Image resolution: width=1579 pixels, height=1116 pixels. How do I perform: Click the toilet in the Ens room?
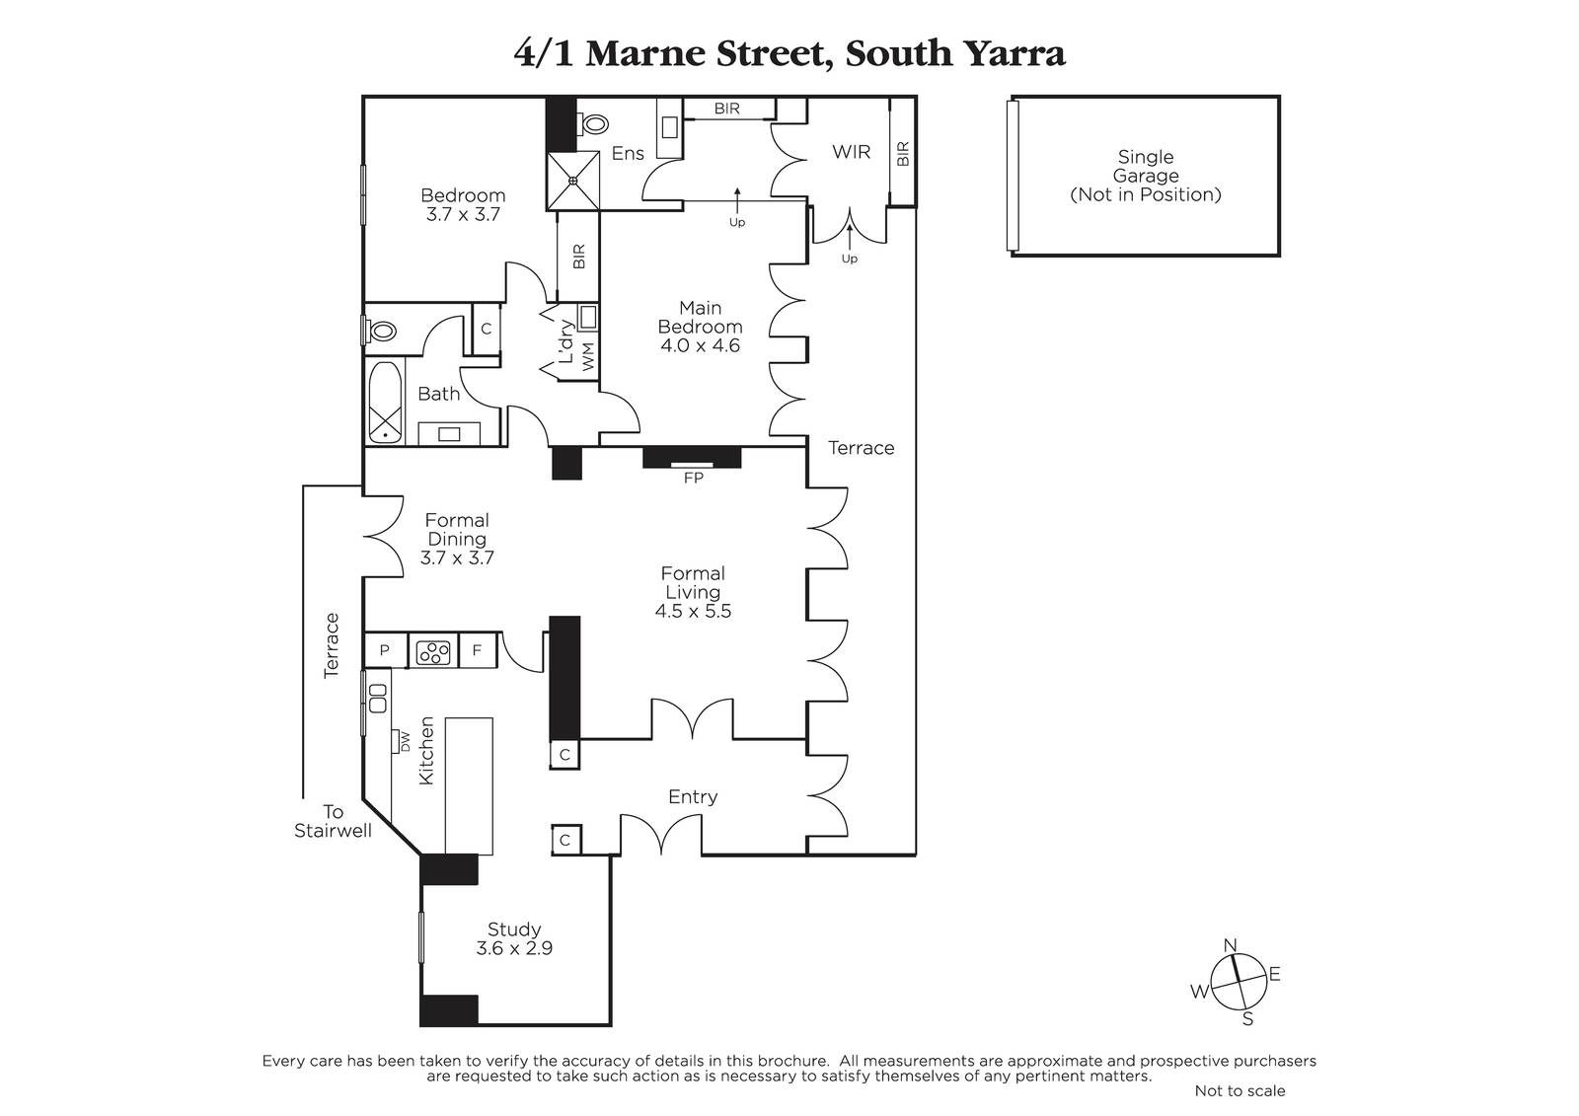click(x=593, y=124)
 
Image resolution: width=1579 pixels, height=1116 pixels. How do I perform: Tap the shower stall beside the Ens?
click(x=573, y=181)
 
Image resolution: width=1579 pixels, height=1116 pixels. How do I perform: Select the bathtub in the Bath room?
click(x=385, y=402)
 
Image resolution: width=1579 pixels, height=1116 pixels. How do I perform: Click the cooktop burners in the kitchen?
click(x=433, y=652)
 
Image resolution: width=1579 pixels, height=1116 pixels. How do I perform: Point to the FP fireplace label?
click(x=694, y=478)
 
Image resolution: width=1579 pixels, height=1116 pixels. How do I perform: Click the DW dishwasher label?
click(x=406, y=742)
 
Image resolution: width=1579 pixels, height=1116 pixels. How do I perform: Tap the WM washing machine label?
click(x=588, y=356)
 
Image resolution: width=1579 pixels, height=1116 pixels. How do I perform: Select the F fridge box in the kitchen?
click(x=478, y=650)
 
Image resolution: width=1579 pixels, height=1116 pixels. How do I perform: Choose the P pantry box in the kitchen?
click(x=385, y=650)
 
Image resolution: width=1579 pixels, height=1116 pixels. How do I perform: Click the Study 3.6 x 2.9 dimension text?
click(x=514, y=948)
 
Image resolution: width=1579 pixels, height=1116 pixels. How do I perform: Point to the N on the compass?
click(x=1230, y=944)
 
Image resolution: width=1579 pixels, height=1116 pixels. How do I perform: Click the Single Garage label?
click(x=1146, y=167)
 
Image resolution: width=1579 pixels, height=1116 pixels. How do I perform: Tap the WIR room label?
click(x=851, y=152)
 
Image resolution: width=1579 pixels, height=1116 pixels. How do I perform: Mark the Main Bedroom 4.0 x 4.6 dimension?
click(x=700, y=345)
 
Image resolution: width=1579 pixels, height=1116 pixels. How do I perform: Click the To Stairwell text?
click(x=333, y=821)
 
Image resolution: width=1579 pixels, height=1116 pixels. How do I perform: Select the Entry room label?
click(x=693, y=796)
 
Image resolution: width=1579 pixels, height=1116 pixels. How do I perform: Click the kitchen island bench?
click(x=469, y=786)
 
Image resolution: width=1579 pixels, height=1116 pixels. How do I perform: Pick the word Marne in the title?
click(x=645, y=53)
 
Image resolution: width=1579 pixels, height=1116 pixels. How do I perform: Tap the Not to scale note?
click(x=1240, y=1090)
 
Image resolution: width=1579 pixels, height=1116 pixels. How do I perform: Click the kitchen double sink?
click(x=378, y=698)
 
